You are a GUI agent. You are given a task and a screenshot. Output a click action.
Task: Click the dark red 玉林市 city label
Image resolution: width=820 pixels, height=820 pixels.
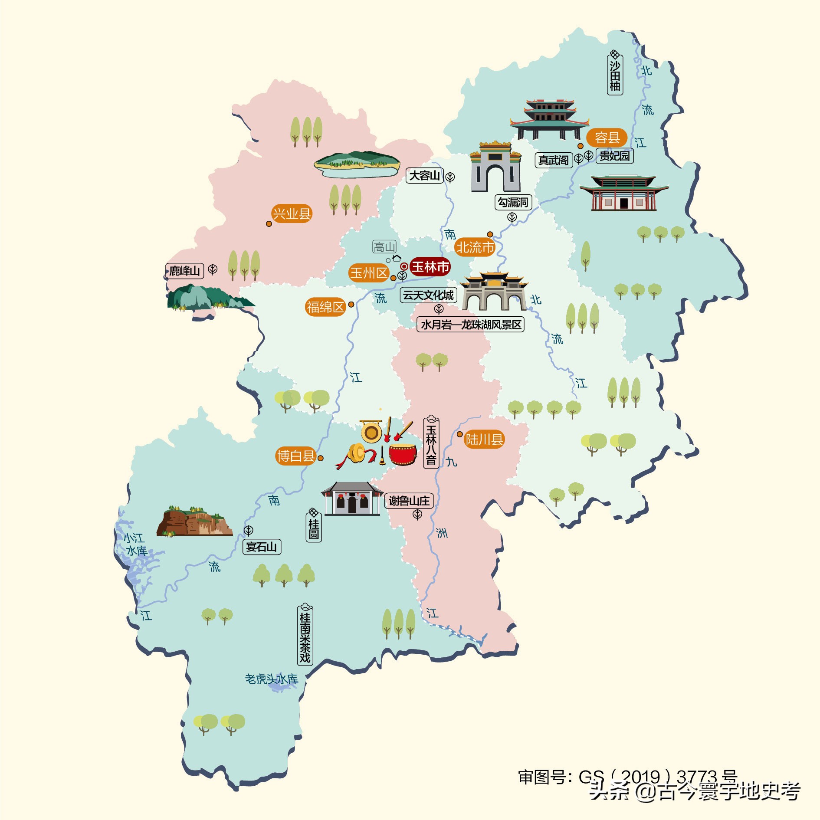pyautogui.click(x=430, y=266)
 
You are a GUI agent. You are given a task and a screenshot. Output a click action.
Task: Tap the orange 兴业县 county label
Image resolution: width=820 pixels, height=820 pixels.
pyautogui.click(x=292, y=213)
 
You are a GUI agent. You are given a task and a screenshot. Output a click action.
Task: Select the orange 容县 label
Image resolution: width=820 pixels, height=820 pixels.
pyautogui.click(x=607, y=138)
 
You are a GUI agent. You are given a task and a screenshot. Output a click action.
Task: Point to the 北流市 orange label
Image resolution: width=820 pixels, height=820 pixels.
pyautogui.click(x=475, y=247)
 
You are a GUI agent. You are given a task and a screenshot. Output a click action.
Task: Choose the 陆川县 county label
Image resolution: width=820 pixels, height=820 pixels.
pyautogui.click(x=484, y=440)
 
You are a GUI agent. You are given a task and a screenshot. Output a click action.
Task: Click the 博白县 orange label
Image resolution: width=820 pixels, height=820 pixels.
pyautogui.click(x=296, y=456)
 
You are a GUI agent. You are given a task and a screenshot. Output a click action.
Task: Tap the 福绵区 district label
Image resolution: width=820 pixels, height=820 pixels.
pyautogui.click(x=325, y=307)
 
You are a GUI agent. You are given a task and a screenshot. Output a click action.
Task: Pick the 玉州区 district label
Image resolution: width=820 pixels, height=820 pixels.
pyautogui.click(x=369, y=273)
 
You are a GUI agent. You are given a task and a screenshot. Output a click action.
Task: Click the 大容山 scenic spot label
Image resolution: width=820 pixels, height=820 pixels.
pyautogui.click(x=424, y=176)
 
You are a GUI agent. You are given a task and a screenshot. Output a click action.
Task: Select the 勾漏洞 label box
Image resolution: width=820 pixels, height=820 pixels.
pyautogui.click(x=513, y=202)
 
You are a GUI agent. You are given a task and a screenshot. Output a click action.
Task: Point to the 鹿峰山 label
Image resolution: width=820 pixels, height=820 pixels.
pyautogui.click(x=184, y=271)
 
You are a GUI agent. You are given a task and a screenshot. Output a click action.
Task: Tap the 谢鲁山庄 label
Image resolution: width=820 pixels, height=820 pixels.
pyautogui.click(x=409, y=501)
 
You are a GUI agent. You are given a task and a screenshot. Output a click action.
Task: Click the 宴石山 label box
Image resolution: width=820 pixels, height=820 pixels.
pyautogui.click(x=261, y=547)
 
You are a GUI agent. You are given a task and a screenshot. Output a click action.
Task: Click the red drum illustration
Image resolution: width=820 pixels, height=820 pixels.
pyautogui.click(x=402, y=454)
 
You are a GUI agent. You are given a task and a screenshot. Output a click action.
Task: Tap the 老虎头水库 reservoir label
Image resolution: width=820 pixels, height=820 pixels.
pyautogui.click(x=272, y=679)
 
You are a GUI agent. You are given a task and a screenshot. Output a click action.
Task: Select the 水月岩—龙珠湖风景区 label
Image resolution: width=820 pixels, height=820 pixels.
pyautogui.click(x=471, y=325)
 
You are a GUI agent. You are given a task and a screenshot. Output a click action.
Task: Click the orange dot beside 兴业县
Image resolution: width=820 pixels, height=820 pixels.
pyautogui.click(x=269, y=224)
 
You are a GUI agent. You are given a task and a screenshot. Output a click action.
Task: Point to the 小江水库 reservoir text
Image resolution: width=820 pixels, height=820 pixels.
pyautogui.click(x=135, y=544)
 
